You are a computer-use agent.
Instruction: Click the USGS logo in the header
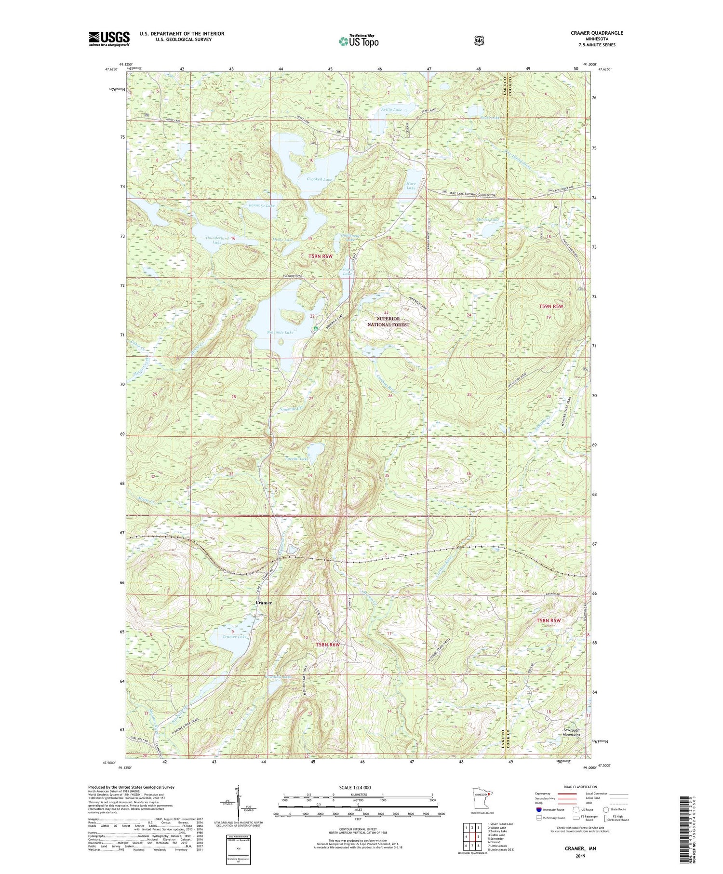pos(109,39)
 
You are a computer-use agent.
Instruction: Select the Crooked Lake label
pos(319,179)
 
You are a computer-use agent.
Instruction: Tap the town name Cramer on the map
pos(264,603)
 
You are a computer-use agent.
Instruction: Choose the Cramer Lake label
pos(235,637)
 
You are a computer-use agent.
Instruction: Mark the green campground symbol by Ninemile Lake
pos(315,329)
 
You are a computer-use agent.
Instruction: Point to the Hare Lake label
pos(411,186)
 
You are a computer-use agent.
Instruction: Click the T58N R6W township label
pos(328,645)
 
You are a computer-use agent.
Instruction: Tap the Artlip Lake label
pos(391,110)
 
